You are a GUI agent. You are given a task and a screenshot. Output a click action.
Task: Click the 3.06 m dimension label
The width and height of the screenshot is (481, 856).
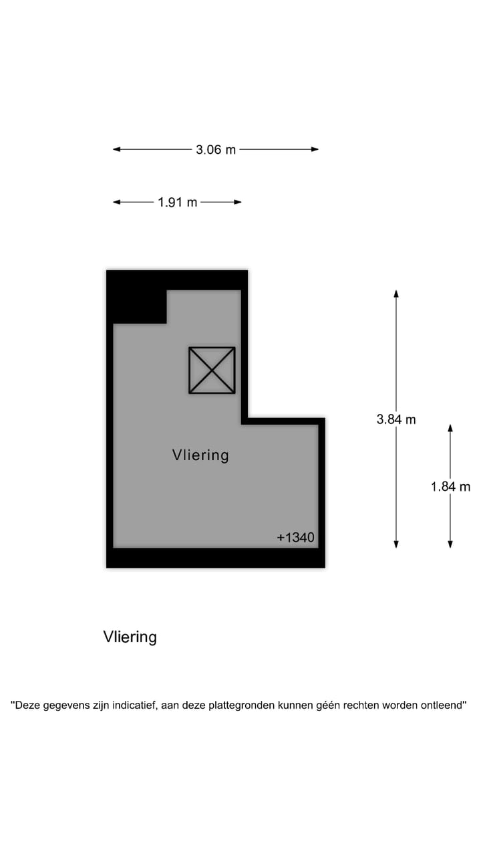tap(216, 150)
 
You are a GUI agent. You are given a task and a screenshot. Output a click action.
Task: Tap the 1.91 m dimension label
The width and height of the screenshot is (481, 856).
tap(178, 202)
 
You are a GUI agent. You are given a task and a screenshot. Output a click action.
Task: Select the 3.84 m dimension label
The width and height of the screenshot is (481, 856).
tap(396, 419)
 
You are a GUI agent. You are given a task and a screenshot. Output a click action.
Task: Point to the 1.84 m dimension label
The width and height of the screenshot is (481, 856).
tap(450, 487)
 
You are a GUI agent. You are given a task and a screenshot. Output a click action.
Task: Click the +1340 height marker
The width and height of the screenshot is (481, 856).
tap(295, 537)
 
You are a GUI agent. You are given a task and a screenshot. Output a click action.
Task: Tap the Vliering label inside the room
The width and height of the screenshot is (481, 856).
tap(200, 455)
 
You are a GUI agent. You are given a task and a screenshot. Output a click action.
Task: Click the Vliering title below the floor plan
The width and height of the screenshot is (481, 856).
tap(130, 637)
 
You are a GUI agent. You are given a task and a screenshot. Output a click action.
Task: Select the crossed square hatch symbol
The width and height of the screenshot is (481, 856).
tap(212, 370)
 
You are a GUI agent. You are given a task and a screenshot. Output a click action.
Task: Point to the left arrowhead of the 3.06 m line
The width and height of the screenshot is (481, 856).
tap(116, 149)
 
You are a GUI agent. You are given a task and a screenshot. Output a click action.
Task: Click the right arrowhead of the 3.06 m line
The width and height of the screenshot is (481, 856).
tap(315, 149)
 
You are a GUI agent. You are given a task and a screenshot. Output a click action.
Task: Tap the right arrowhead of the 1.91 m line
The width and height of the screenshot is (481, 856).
tap(238, 202)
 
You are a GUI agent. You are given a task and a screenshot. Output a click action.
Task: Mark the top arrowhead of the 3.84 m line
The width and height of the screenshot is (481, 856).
tap(396, 294)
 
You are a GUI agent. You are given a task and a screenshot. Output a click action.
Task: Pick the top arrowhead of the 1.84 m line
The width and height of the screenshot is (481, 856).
tap(450, 427)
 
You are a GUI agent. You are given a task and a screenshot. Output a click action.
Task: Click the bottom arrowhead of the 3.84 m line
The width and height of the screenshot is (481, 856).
tap(396, 544)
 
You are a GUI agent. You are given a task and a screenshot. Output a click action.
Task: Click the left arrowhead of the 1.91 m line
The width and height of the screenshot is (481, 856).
tap(116, 202)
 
